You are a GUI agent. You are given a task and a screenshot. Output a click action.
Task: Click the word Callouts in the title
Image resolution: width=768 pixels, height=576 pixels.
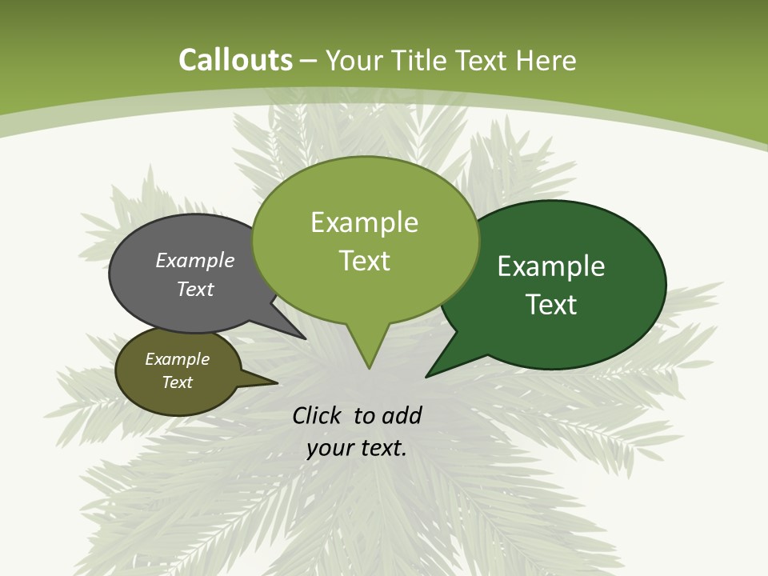tap(235, 60)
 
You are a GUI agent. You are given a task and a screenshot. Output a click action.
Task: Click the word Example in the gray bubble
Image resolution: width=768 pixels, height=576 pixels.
tap(195, 260)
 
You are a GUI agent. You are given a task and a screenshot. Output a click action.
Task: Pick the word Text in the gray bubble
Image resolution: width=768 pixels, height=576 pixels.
tap(195, 289)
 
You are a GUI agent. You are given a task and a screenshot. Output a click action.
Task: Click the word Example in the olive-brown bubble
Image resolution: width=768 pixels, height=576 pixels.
tap(177, 359)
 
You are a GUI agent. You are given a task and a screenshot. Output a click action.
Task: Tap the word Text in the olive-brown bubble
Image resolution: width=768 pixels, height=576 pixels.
tap(177, 382)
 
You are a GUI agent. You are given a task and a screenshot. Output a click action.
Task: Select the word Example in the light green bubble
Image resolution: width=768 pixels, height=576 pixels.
tap(364, 222)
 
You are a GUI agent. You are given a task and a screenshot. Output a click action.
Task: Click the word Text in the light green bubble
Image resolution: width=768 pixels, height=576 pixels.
tap(364, 261)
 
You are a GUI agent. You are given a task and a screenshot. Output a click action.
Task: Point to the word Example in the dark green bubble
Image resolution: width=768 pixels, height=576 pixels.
tap(551, 266)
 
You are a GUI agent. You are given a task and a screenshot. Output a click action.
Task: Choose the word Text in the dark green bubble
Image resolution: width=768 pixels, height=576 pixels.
tap(551, 305)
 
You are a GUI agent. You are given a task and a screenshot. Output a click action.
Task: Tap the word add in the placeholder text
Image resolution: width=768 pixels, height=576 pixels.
tap(402, 415)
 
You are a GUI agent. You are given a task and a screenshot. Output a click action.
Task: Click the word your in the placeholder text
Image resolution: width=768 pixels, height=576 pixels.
tap(329, 448)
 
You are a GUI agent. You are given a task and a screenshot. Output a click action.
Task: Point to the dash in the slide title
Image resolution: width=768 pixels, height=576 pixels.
tap(310, 61)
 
